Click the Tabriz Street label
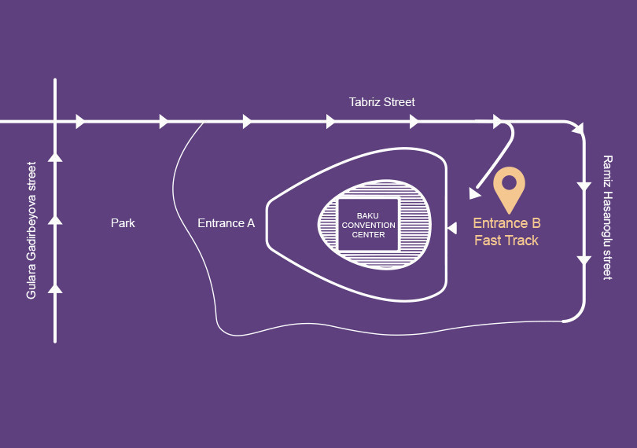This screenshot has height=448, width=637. (381, 102)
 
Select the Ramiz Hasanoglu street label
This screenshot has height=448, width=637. (606, 217)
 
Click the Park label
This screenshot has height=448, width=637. (123, 223)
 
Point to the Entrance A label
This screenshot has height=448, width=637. (226, 223)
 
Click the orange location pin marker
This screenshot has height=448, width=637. (509, 189)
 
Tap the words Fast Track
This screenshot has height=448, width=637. (506, 241)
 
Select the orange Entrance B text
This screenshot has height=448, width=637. (506, 223)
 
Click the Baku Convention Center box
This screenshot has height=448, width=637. (368, 225)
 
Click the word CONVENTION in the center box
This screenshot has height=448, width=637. (368, 225)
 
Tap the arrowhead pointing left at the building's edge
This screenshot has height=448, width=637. (451, 228)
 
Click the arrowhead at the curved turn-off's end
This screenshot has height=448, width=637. (474, 193)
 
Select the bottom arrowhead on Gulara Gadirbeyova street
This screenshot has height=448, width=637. (55, 288)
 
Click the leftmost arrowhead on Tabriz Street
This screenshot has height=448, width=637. (80, 121)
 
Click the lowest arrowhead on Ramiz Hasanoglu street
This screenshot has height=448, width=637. (584, 260)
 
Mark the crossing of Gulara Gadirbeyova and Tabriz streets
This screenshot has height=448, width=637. (55, 121)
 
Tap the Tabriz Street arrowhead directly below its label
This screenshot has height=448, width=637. (414, 121)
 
